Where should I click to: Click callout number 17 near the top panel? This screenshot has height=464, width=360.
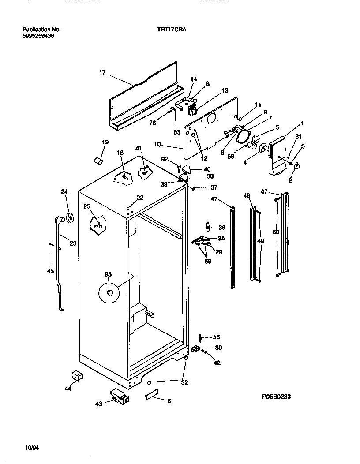point(102,72)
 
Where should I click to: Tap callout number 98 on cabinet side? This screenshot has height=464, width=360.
point(108,274)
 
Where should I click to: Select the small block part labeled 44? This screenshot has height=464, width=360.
point(78,375)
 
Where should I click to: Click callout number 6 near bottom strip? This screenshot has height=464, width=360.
point(169,400)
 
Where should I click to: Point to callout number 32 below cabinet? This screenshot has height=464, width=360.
point(184,382)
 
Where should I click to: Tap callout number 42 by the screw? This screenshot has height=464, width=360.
point(217,363)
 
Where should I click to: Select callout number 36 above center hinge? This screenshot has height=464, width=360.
point(222,228)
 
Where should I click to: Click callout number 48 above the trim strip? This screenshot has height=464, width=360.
point(246,195)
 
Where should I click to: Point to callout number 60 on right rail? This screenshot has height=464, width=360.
point(276,232)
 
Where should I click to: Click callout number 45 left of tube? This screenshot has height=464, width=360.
point(50,271)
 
